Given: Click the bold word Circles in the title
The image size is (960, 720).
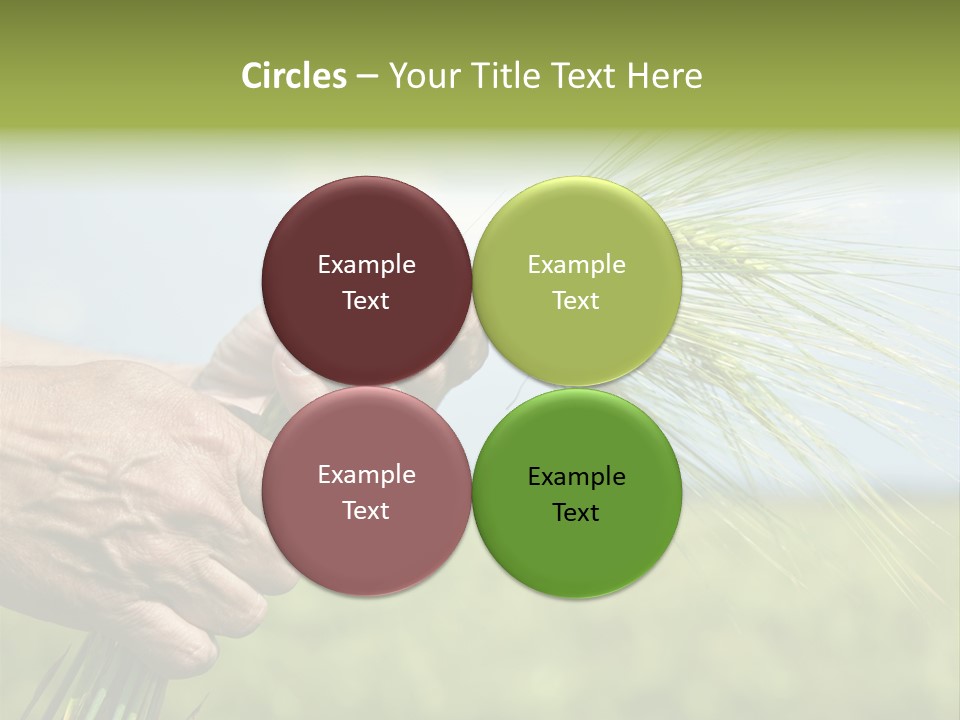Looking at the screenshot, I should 293,76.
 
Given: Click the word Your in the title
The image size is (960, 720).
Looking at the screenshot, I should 421,76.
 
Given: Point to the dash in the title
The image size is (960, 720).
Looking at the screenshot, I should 367,77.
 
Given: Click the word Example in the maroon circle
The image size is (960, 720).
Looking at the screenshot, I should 366,265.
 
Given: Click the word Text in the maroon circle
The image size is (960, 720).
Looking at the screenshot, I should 366,300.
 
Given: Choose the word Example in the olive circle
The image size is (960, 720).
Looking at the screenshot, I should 576,265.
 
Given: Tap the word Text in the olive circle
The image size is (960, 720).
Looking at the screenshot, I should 576,300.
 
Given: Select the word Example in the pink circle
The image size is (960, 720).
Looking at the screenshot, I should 366,475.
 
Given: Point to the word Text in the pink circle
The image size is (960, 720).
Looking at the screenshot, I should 366,510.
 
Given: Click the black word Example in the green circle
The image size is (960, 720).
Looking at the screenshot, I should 576,477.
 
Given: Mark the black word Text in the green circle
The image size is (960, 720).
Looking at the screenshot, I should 576,512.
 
